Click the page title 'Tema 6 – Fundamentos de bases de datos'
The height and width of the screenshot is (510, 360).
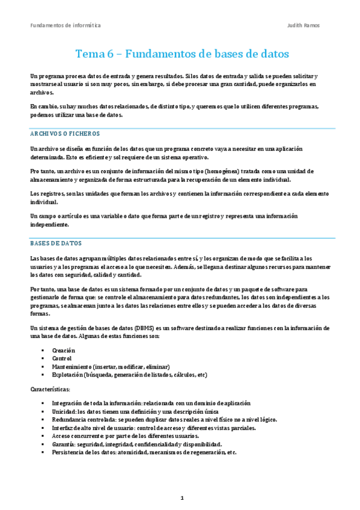182,54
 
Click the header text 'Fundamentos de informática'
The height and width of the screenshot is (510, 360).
66,26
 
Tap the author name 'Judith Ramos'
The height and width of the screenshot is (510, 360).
305,26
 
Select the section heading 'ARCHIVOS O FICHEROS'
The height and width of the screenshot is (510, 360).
65,134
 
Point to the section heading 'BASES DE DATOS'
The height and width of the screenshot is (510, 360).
56,244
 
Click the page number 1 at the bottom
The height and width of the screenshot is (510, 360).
182,498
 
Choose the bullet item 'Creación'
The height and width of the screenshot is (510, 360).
64,349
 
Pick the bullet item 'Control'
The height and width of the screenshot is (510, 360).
62,358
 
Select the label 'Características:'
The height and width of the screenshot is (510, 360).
50,389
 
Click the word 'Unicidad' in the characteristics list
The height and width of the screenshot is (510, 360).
64,411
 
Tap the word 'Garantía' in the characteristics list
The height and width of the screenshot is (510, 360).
64,444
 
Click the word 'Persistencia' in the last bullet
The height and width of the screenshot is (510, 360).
69,452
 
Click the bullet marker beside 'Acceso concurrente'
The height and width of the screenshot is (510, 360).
43,436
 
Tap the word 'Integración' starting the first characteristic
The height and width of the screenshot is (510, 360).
68,404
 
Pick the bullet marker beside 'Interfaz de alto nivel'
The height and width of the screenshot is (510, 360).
43,428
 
